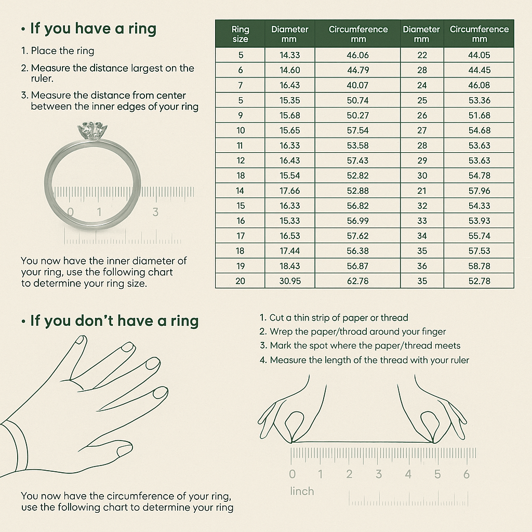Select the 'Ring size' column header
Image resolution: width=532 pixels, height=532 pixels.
click(240, 34)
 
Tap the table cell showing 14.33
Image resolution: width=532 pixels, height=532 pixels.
click(289, 55)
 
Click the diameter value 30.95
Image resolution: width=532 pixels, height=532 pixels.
click(289, 281)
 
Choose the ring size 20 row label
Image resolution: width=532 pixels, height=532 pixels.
click(240, 281)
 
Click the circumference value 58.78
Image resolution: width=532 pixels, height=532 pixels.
click(479, 266)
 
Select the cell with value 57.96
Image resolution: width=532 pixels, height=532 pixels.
click(479, 191)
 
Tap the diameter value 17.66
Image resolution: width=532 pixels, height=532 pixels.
click(289, 191)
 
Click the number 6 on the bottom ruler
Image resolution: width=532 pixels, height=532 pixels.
click(467, 474)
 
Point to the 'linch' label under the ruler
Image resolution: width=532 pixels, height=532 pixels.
click(302, 491)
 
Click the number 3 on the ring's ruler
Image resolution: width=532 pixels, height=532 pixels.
click(155, 211)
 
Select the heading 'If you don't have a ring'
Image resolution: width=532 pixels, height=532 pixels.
click(114, 321)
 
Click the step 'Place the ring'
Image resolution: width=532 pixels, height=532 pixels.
click(62, 51)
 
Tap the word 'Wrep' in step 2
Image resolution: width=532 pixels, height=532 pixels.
click(282, 331)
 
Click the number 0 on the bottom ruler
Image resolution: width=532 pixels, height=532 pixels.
click(292, 474)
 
